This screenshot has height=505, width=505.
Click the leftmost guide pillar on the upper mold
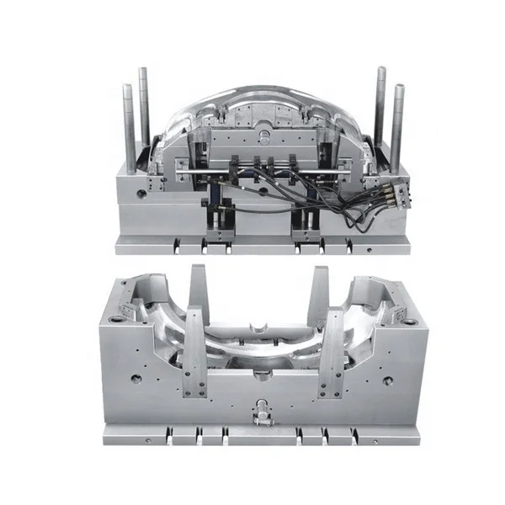tap(130, 126)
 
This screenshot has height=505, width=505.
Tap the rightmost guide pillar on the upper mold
tap(396, 126)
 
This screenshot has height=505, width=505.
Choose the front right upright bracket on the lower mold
tap(333, 353)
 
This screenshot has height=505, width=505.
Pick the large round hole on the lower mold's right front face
tap(387, 380)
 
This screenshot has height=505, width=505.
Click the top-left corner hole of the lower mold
tap(114, 320)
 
